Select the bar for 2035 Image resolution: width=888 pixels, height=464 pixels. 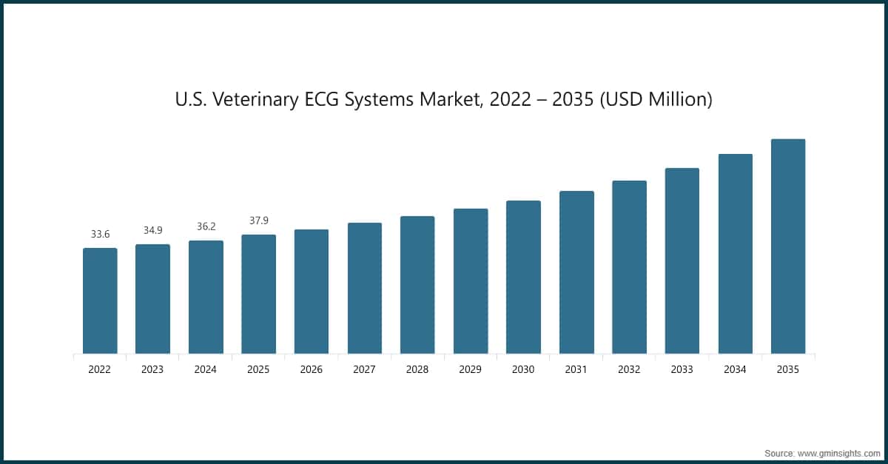(x=788, y=246)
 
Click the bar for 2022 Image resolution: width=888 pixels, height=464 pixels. (x=100, y=300)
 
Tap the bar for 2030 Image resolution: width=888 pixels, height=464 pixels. (x=523, y=277)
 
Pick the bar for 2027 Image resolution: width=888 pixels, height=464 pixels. (x=365, y=288)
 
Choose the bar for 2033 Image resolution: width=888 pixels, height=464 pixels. (x=682, y=260)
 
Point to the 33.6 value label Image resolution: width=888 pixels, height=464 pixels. (x=100, y=234)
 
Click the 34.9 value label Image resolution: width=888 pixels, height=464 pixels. (x=152, y=230)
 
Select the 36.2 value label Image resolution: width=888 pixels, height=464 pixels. (x=206, y=226)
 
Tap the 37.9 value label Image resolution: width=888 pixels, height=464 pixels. (x=258, y=221)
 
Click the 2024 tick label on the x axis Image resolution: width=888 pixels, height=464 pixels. (x=206, y=369)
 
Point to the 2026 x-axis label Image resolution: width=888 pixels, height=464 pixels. (x=312, y=369)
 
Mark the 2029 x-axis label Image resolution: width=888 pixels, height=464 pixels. (x=470, y=369)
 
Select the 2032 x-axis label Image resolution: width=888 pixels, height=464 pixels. (x=629, y=369)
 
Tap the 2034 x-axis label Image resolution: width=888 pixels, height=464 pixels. (x=735, y=369)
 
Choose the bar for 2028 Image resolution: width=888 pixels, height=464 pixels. (x=417, y=285)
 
